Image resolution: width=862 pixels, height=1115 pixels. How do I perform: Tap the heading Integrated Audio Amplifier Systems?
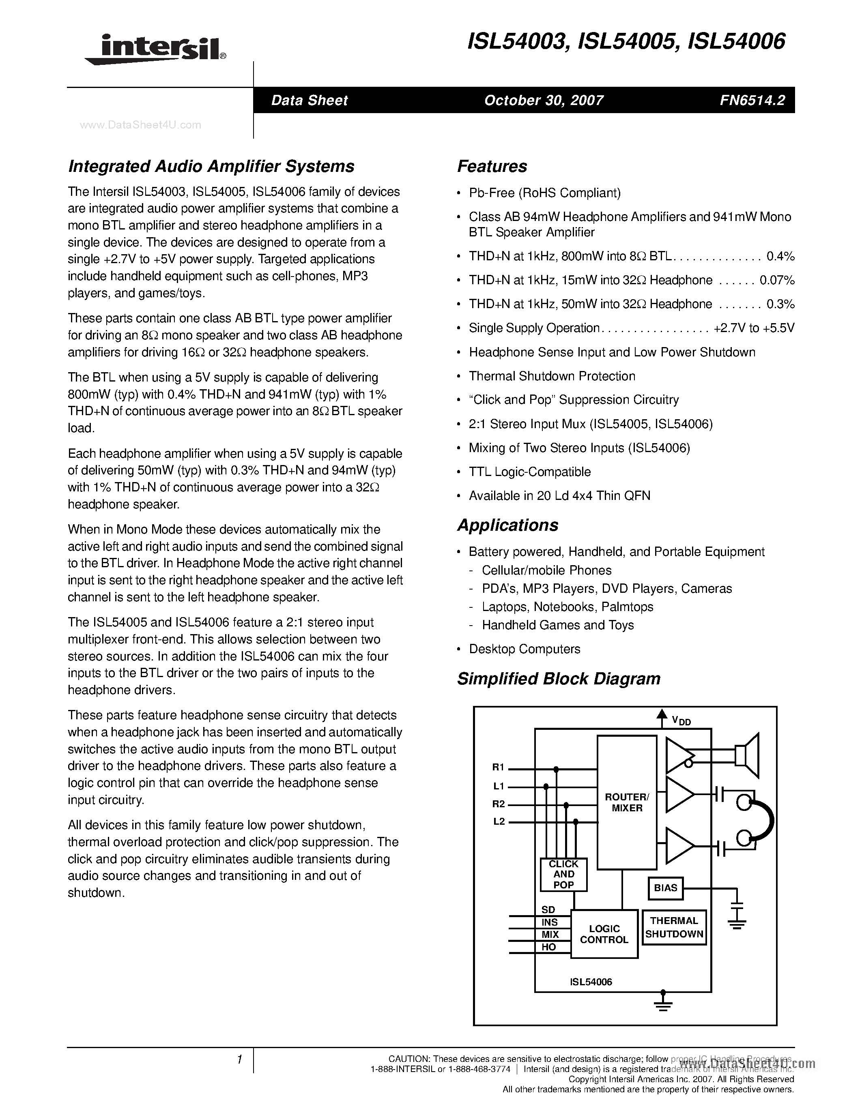pos(211,166)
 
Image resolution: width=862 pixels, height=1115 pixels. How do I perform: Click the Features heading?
pos(492,166)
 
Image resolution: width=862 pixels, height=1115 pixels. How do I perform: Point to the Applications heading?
pos(507,525)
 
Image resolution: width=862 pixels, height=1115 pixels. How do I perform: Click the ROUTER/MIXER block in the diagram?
pos(627,802)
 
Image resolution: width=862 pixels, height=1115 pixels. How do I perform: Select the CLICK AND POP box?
pos(563,875)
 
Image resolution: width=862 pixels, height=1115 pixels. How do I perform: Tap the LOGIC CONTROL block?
pos(604,934)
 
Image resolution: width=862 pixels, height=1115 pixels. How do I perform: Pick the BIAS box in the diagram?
pos(665,888)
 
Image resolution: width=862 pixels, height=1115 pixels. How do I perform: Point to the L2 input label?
pos(499,821)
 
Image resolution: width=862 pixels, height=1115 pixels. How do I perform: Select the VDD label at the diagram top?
pos(681,720)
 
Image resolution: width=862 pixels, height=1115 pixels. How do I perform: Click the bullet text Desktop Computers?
pos(525,649)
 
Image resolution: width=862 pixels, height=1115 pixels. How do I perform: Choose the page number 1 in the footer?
pos(239,1060)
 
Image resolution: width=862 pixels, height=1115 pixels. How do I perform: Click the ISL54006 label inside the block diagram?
pos(591,982)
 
